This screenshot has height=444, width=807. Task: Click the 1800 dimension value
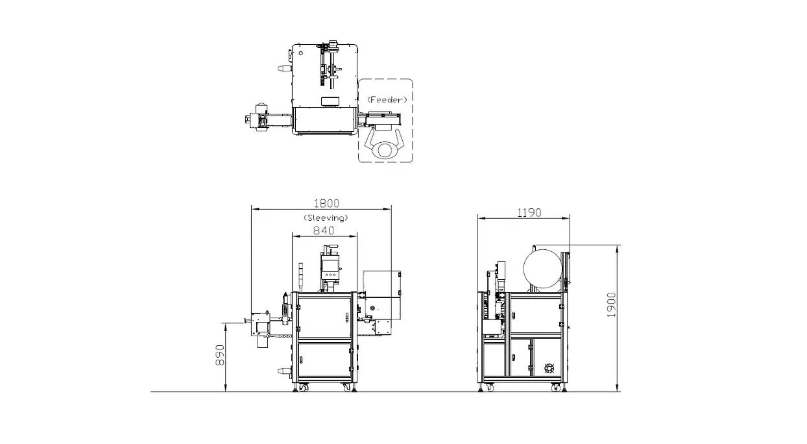(326, 204)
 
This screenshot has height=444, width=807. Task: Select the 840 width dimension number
(324, 230)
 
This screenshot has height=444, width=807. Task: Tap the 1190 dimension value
(529, 213)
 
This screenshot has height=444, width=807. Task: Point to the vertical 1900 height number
(611, 305)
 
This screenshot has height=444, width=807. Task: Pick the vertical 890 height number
(220, 355)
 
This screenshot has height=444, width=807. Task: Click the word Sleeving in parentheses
(326, 217)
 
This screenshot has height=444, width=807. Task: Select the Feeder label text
(387, 99)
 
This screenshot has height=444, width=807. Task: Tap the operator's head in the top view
(385, 149)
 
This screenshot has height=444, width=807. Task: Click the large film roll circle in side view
(542, 269)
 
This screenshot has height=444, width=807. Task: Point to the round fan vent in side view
(549, 368)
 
